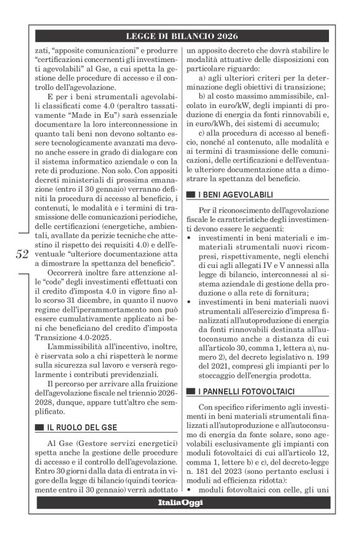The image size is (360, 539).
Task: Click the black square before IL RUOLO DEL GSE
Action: [40, 427]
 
